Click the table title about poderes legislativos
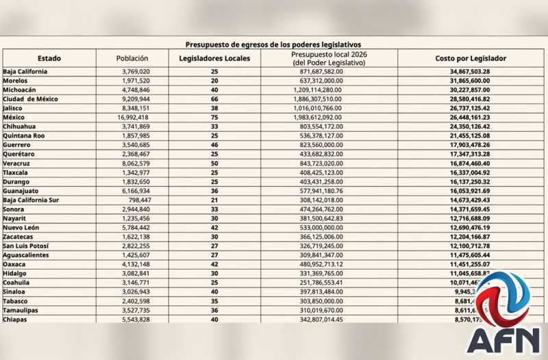point(274,43)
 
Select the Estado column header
point(49,58)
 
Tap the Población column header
point(132,58)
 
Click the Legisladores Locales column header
point(214,58)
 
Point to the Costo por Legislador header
point(471,58)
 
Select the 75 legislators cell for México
point(214,117)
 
